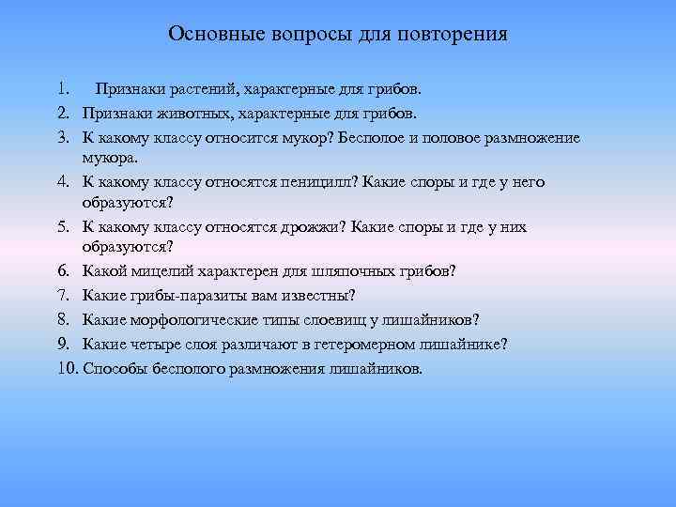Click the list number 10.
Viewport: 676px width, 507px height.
tap(66, 367)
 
